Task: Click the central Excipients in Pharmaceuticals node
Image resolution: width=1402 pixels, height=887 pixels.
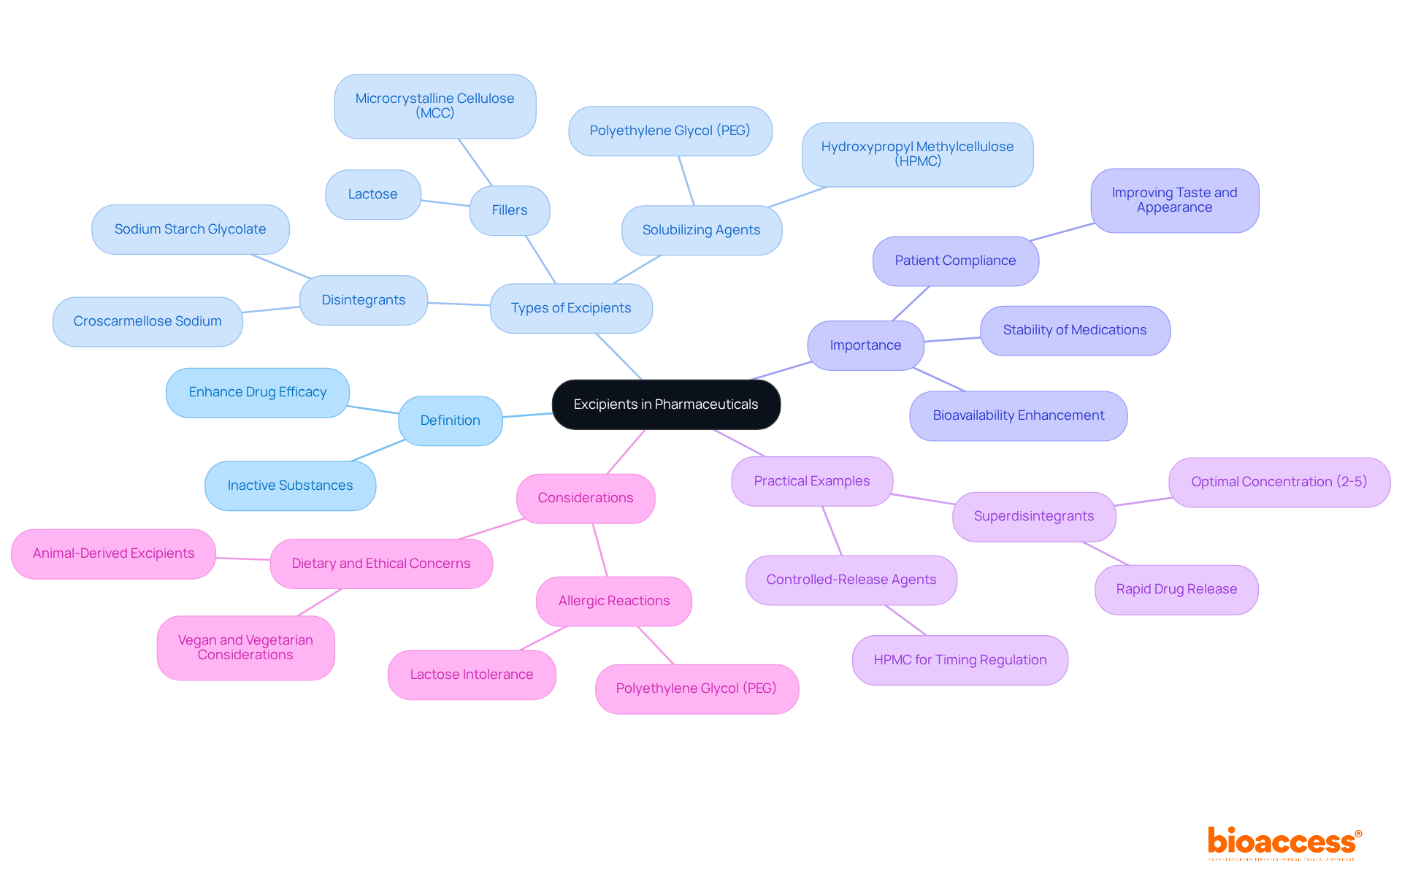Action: [x=666, y=404]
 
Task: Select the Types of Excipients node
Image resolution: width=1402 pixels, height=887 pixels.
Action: [x=571, y=308]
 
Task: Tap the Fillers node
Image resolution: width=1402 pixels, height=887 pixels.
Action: [x=510, y=210]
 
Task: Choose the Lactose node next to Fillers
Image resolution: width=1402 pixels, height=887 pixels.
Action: [x=372, y=194]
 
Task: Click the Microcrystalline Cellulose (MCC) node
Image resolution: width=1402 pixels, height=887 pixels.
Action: [x=435, y=106]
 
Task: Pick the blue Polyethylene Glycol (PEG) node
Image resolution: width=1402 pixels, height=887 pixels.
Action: [x=670, y=131]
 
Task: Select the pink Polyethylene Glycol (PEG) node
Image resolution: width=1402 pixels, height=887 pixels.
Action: [x=697, y=688]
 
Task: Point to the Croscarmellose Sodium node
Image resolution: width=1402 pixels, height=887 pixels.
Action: [x=148, y=321]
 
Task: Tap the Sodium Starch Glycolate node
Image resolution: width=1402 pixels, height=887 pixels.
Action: [x=191, y=229]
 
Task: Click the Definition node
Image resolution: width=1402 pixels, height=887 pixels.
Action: [x=451, y=421]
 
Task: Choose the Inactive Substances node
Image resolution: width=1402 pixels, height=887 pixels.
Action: [x=291, y=485]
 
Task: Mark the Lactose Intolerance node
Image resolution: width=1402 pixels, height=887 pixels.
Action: [x=472, y=675]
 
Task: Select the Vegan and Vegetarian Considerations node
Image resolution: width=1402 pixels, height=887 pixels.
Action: [x=245, y=648]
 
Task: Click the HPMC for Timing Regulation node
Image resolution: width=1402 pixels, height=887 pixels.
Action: [x=960, y=660]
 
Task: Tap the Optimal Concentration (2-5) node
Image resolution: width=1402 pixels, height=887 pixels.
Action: [x=1279, y=482]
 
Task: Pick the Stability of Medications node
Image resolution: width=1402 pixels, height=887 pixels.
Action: [x=1075, y=330]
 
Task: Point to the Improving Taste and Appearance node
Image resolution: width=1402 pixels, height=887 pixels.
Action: [x=1175, y=200]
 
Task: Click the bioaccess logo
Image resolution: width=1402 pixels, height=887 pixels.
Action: [x=1283, y=842]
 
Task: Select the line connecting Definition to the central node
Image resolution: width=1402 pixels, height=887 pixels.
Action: [x=527, y=415]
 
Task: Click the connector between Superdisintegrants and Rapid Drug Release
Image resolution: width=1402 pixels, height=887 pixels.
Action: [x=1106, y=553]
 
